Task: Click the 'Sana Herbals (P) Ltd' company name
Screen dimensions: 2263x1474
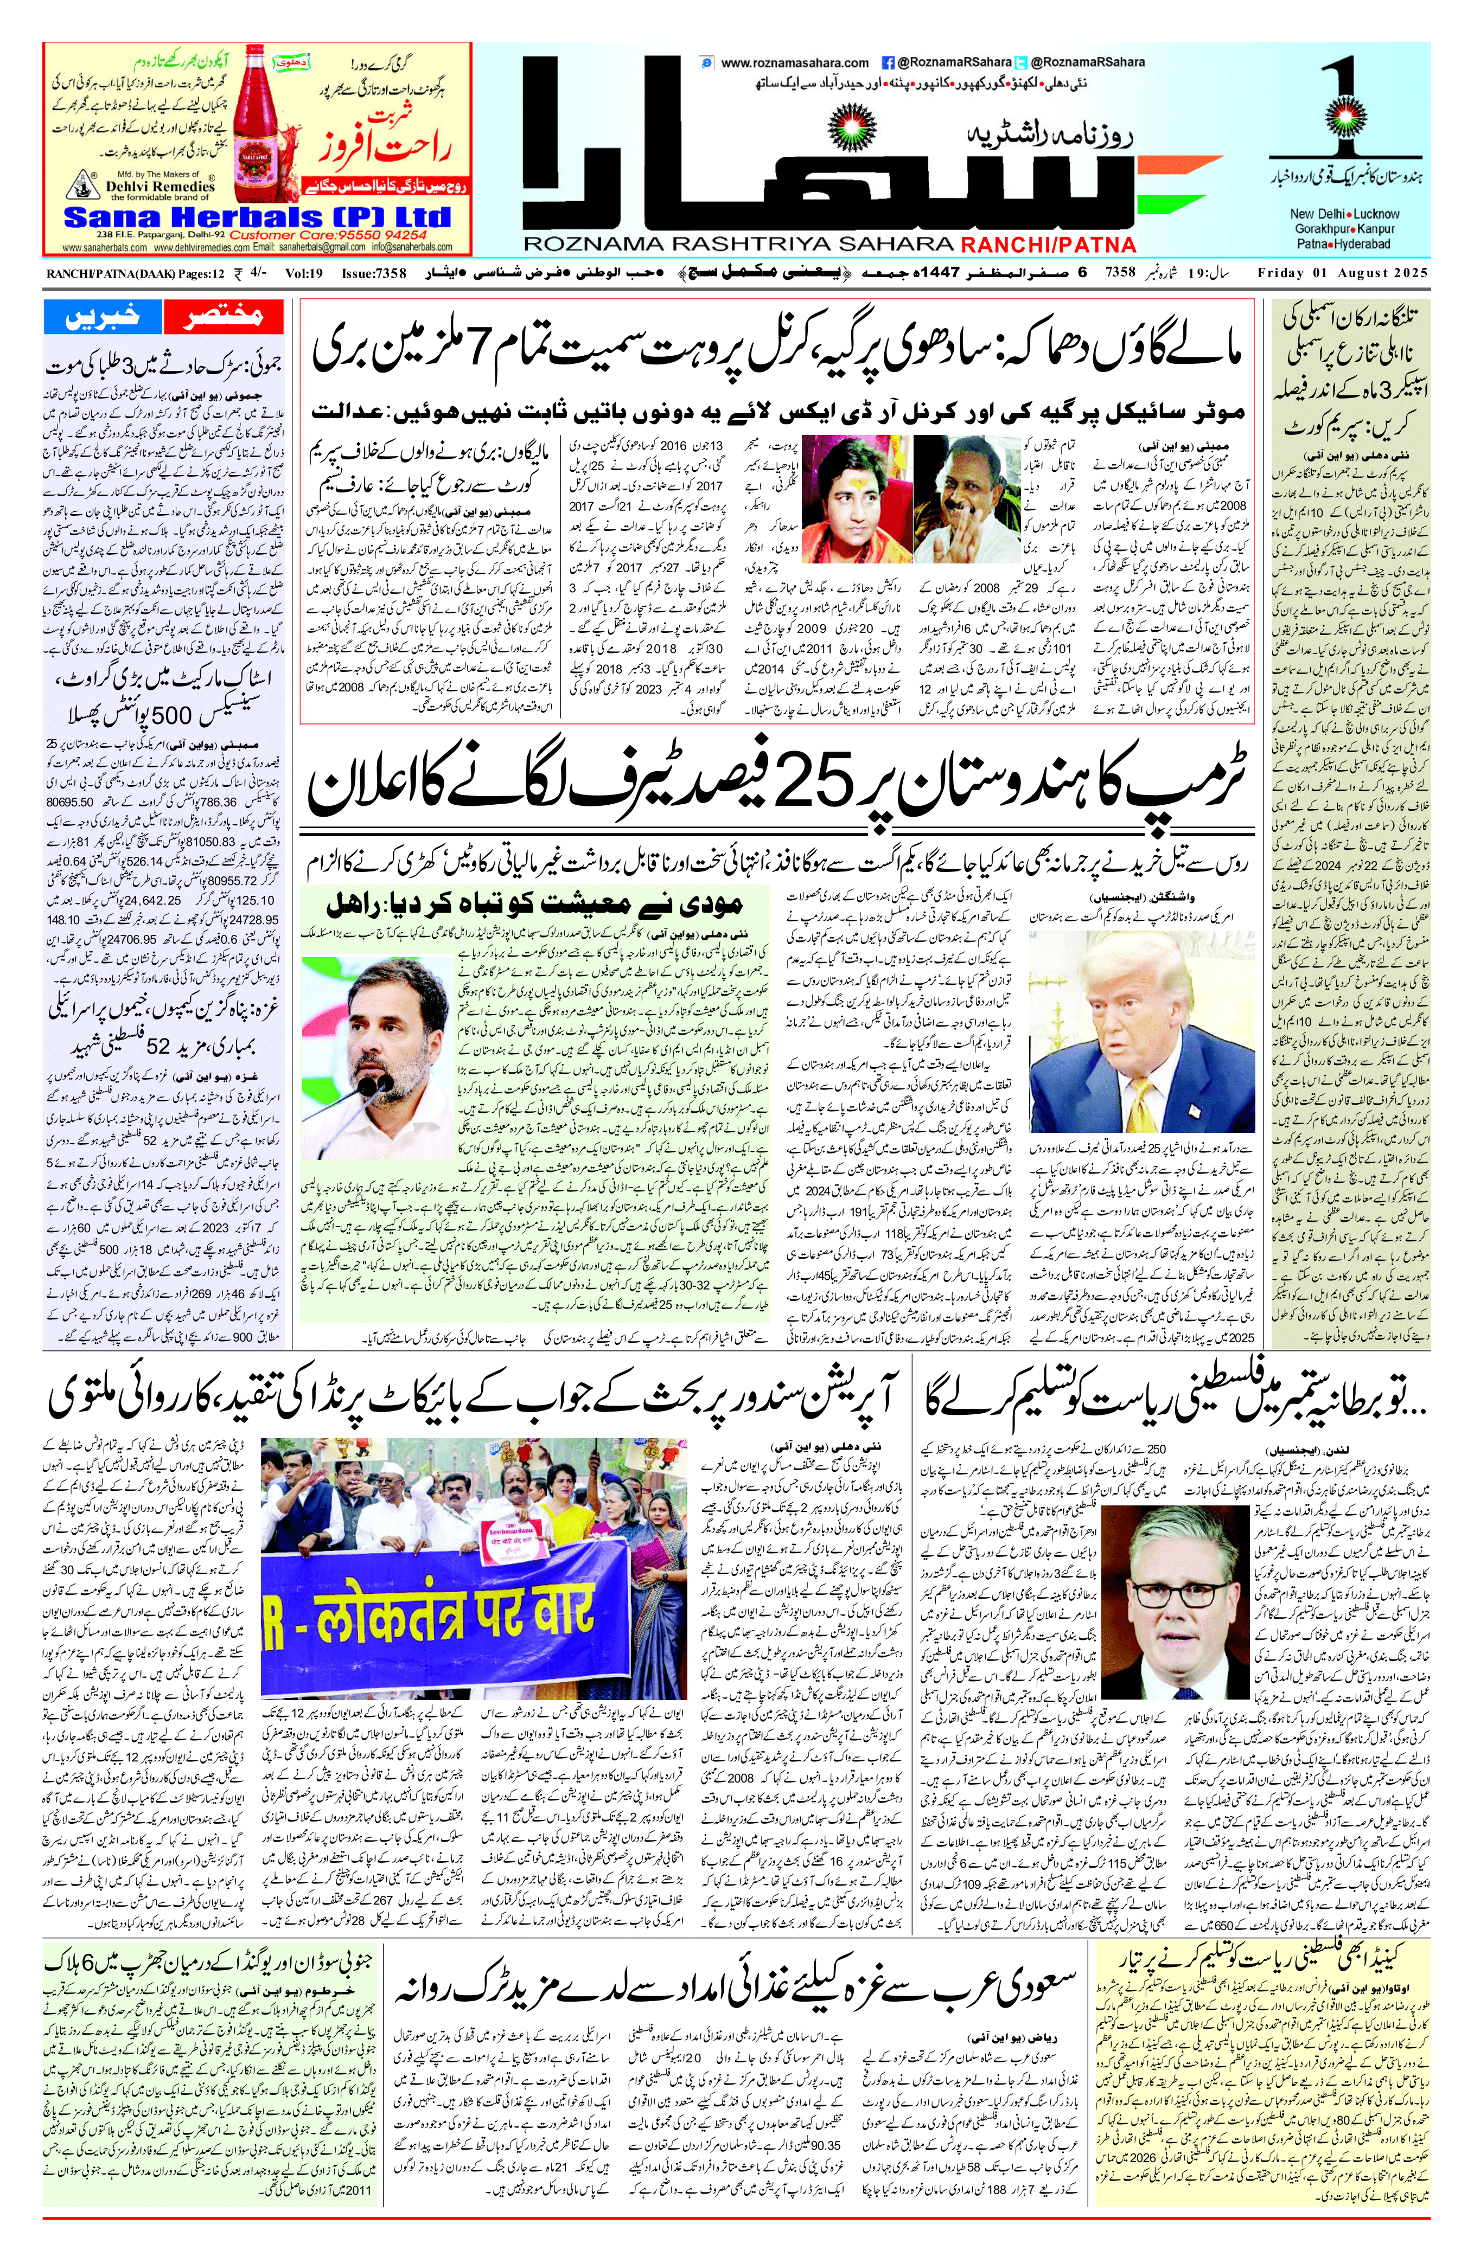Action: click(x=257, y=217)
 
